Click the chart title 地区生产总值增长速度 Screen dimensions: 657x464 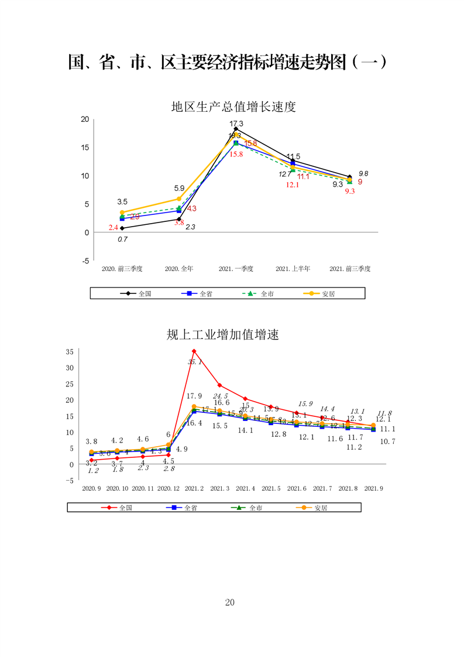233,107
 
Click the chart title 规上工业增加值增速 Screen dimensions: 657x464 223,335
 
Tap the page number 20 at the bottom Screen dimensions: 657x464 230,603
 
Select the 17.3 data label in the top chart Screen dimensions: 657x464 236,124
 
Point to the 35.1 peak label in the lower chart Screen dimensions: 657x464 195,362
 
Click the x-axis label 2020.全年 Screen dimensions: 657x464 179,269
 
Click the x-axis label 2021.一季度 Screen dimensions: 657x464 236,269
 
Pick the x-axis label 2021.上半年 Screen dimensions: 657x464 293,269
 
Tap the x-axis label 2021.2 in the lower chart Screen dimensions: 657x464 194,488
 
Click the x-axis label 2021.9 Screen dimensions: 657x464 374,488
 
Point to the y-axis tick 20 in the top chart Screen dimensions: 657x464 85,119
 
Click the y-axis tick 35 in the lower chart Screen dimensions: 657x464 69,352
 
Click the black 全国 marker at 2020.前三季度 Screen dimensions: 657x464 122,228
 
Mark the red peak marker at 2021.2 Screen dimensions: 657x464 194,351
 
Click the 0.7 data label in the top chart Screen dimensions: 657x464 122,239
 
